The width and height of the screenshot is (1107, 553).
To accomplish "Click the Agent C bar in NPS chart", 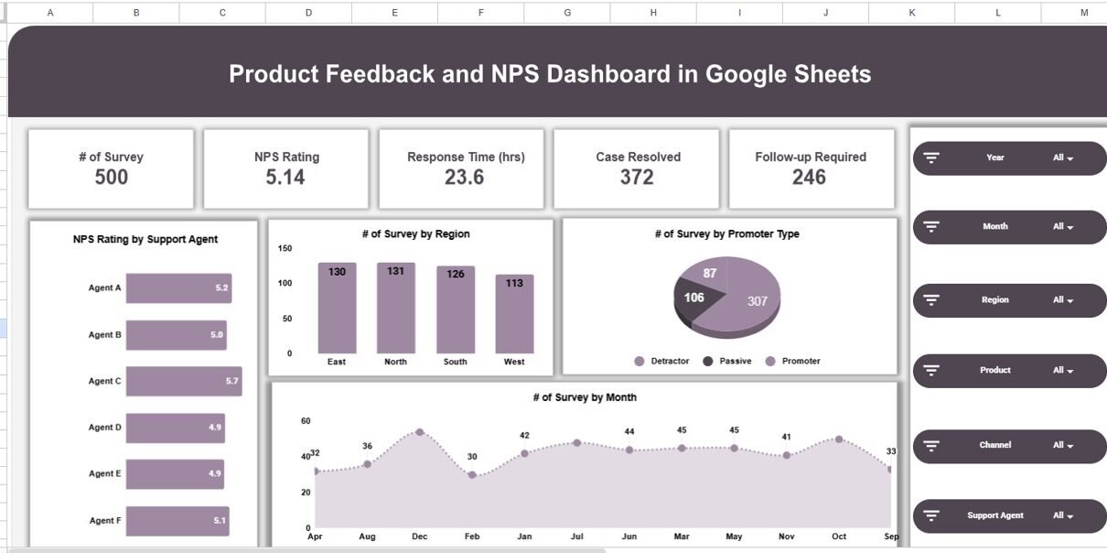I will point(183,381).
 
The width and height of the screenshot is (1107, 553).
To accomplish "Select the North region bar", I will point(395,309).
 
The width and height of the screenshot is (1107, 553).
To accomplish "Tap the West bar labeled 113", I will point(514,314).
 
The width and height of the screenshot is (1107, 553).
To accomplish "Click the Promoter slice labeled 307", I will point(746,298).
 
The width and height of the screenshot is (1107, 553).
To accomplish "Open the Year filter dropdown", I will point(1062,158).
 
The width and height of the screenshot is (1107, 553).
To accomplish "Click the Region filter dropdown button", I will point(1062,300).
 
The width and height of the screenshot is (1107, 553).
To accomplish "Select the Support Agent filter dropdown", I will point(1062,516).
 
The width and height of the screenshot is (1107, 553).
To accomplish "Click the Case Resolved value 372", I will point(637,177).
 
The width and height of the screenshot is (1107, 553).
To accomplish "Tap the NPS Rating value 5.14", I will point(285,177).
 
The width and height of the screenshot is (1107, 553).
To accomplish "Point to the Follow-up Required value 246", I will point(810,177).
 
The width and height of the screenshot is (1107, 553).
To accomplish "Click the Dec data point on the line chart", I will point(420,431).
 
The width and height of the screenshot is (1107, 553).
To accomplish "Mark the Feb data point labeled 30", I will point(472,475).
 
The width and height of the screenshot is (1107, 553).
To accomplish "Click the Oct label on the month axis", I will point(839,537).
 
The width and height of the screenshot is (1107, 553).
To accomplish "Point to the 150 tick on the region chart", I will point(285,248).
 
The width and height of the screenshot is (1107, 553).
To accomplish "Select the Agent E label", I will point(104,474).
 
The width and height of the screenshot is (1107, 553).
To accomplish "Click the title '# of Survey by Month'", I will point(584,397).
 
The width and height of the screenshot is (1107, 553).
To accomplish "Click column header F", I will point(481,13).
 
